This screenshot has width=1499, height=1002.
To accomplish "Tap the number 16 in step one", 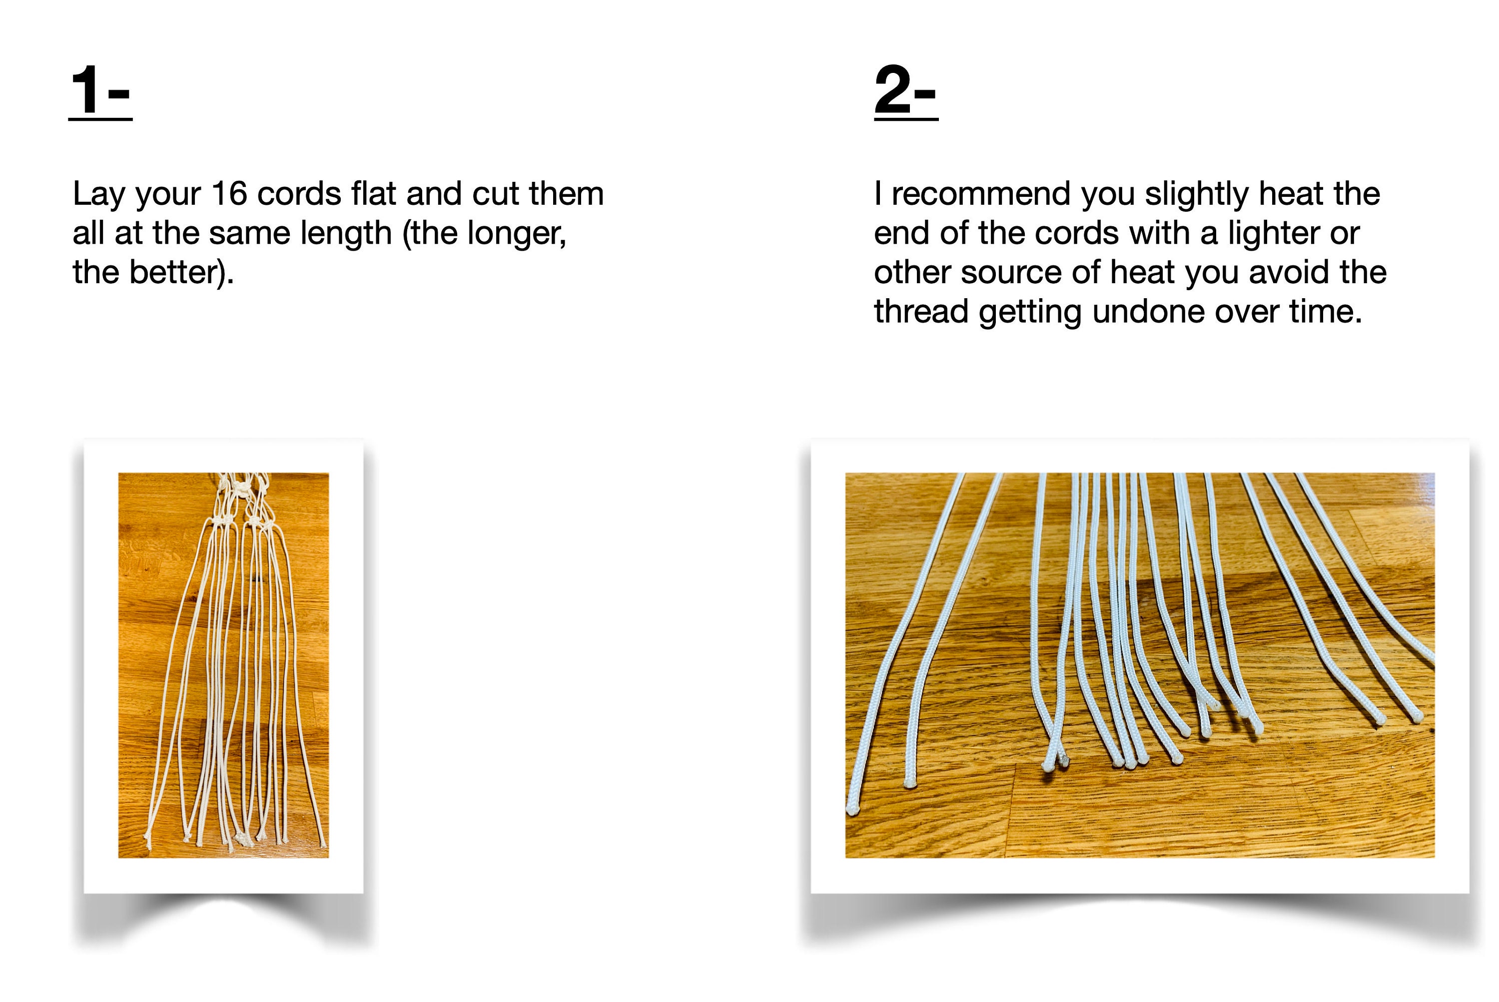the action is (229, 194).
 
